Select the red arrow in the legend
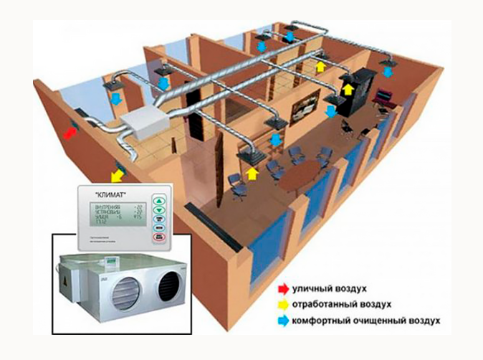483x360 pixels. (x=283, y=289)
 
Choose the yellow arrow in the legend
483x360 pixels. (x=283, y=303)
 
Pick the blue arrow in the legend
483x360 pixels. (x=283, y=318)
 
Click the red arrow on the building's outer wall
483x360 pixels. (x=70, y=133)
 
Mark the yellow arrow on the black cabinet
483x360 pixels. (x=349, y=88)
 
